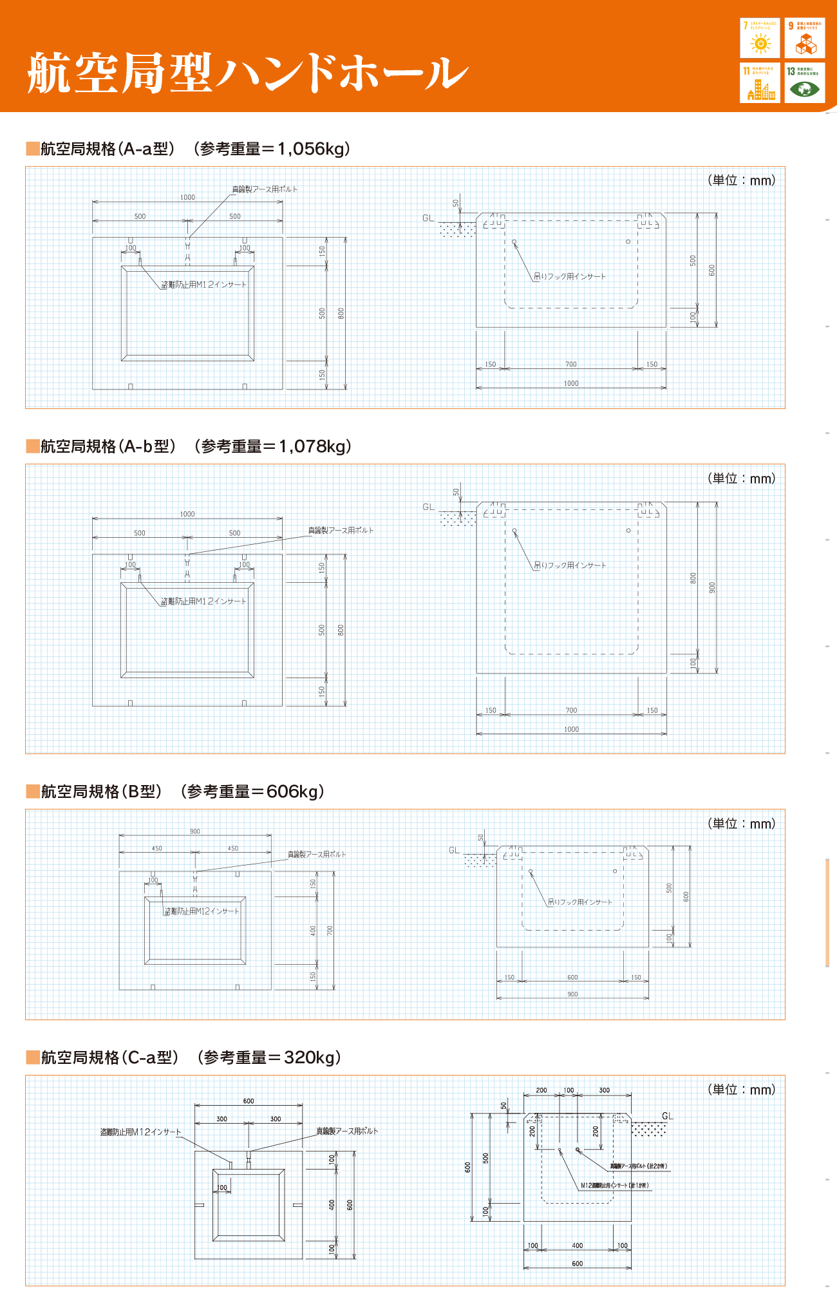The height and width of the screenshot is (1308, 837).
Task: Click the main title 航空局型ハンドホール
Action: (x=248, y=73)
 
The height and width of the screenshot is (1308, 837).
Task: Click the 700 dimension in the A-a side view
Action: (x=571, y=365)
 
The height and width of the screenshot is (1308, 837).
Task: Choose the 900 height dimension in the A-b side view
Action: (x=712, y=587)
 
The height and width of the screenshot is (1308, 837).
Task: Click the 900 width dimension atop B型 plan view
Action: (x=195, y=831)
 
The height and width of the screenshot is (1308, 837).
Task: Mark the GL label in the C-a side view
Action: (x=667, y=1116)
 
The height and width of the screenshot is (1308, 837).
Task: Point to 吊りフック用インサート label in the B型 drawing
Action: (x=579, y=902)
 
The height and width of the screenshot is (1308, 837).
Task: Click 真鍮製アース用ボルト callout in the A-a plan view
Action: (x=265, y=189)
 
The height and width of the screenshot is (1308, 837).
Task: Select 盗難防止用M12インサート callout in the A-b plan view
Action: (x=203, y=602)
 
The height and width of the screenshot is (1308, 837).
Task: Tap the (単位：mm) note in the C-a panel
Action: (x=742, y=1089)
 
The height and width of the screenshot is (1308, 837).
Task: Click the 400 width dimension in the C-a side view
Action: (x=578, y=1246)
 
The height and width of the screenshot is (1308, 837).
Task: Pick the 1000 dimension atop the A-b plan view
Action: (x=187, y=514)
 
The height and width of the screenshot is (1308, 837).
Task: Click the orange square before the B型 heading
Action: (x=33, y=791)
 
